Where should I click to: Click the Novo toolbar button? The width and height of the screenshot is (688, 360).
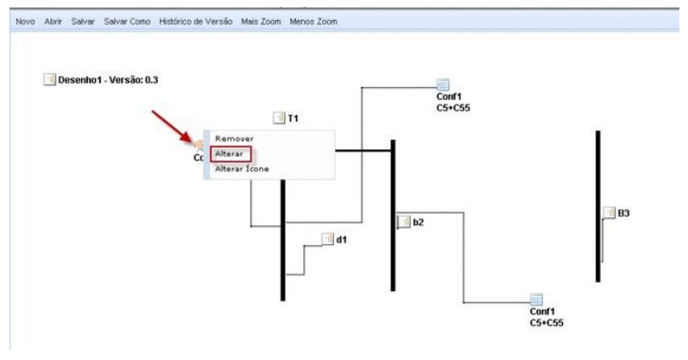coord(24,21)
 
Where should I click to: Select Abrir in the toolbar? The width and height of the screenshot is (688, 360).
coord(54,21)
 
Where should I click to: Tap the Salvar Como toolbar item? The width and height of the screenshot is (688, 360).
coord(127,21)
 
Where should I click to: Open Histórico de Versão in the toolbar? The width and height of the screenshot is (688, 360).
coord(196,21)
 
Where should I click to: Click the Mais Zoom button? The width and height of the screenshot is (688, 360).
coord(262,21)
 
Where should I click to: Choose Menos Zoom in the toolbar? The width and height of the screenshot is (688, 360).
coord(313,21)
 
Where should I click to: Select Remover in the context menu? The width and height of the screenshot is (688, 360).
coord(234,138)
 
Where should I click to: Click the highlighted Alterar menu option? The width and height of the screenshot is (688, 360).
coord(230,154)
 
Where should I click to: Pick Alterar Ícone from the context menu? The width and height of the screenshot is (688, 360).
coord(242,168)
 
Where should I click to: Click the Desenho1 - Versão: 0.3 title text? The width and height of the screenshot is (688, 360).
coord(108,80)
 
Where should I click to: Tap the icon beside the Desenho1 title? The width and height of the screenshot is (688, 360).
coord(49,80)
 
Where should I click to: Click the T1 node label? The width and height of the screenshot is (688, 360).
coord(294,117)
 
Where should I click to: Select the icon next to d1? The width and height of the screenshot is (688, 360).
coord(327,238)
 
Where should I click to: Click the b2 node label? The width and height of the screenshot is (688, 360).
coord(418,222)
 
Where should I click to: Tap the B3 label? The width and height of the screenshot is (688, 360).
coord(623,213)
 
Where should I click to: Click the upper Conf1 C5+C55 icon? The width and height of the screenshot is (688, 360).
coord(443,84)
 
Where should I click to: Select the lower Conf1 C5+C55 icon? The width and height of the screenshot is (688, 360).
coord(536,299)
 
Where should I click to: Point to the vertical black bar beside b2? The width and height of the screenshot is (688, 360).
coord(393,215)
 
